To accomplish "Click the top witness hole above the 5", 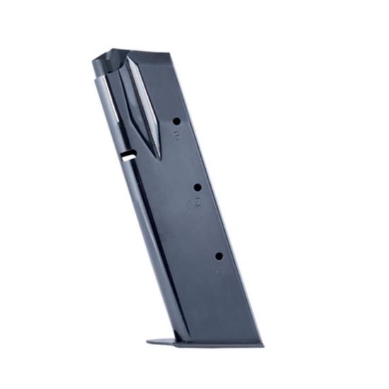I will tap(176, 121).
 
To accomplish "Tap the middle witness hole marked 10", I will tap(197, 187).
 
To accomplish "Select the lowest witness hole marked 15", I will tap(219, 255).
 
